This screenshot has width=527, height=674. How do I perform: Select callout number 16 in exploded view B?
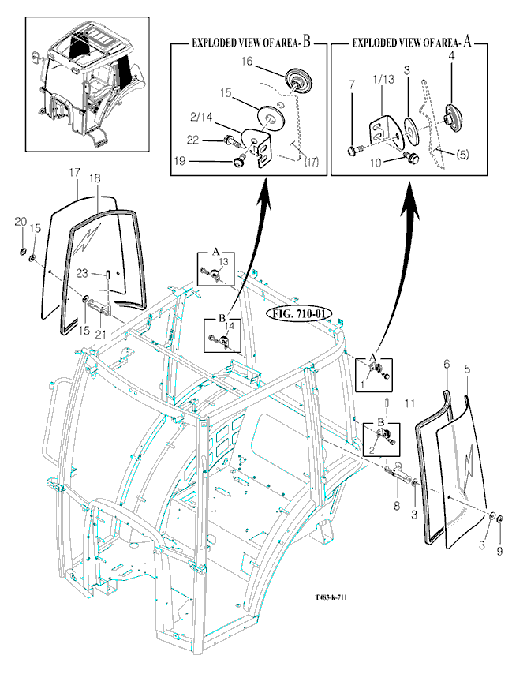(246, 60)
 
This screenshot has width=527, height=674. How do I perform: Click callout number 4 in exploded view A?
(451, 56)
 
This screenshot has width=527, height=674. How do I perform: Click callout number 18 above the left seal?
(95, 179)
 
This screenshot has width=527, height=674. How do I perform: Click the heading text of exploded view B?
(249, 44)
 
